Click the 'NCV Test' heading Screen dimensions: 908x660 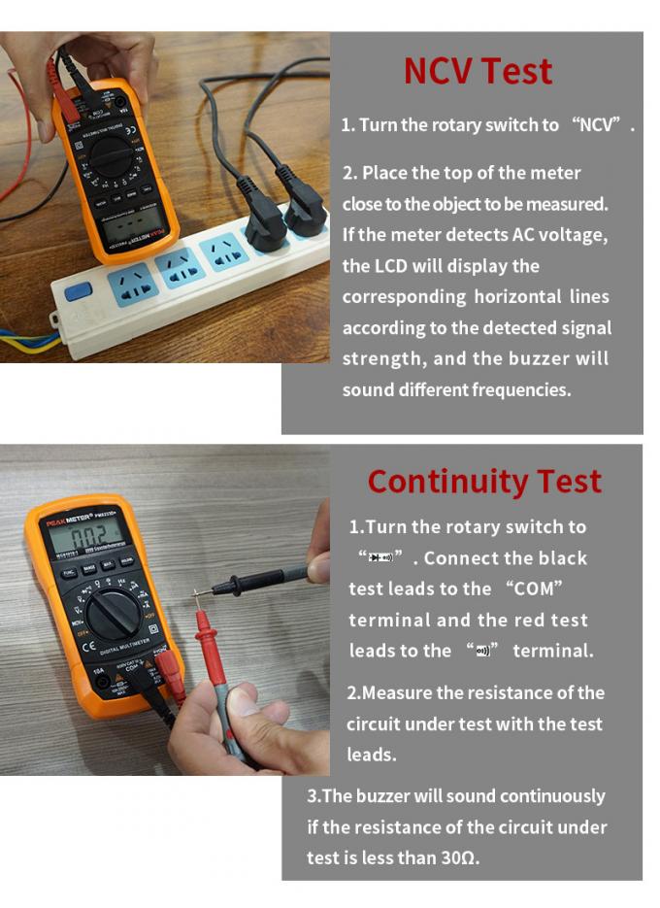click(478, 72)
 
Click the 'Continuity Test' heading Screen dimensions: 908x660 click(484, 482)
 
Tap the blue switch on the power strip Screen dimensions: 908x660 click(79, 289)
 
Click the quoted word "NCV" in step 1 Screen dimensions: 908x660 click(603, 125)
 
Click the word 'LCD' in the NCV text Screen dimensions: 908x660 click(391, 266)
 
